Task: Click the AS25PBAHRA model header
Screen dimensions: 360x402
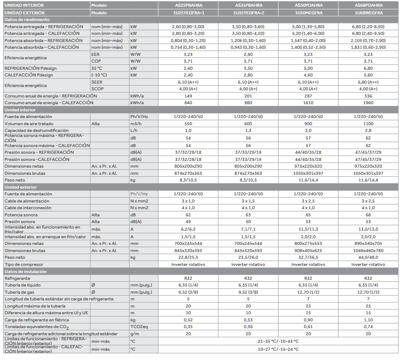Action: (x=188, y=5)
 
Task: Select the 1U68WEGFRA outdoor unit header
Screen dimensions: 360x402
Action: (x=368, y=13)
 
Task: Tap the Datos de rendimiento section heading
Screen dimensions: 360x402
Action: (x=27, y=19)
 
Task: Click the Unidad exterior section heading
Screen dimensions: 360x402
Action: (x=21, y=187)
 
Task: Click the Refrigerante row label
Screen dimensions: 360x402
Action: (x=17, y=278)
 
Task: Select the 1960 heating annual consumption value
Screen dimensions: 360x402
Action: (x=368, y=102)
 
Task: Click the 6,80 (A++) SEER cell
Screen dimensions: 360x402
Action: (x=368, y=82)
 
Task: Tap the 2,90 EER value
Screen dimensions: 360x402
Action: (x=248, y=54)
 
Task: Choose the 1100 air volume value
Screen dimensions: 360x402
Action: (x=368, y=124)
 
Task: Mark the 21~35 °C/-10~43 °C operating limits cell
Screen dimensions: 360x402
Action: (x=278, y=341)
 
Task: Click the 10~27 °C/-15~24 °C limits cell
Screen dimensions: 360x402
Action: (x=278, y=349)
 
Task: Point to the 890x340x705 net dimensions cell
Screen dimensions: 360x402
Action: (x=368, y=243)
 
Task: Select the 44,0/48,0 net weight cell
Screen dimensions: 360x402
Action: (x=368, y=257)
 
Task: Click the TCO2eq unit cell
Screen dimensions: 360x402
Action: (x=138, y=326)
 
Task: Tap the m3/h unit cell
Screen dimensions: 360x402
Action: (x=136, y=124)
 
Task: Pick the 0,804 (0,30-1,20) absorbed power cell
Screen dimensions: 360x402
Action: (x=188, y=40)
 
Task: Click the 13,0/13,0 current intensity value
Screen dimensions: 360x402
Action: (x=368, y=229)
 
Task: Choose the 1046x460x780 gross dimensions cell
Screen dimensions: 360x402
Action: (x=368, y=250)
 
